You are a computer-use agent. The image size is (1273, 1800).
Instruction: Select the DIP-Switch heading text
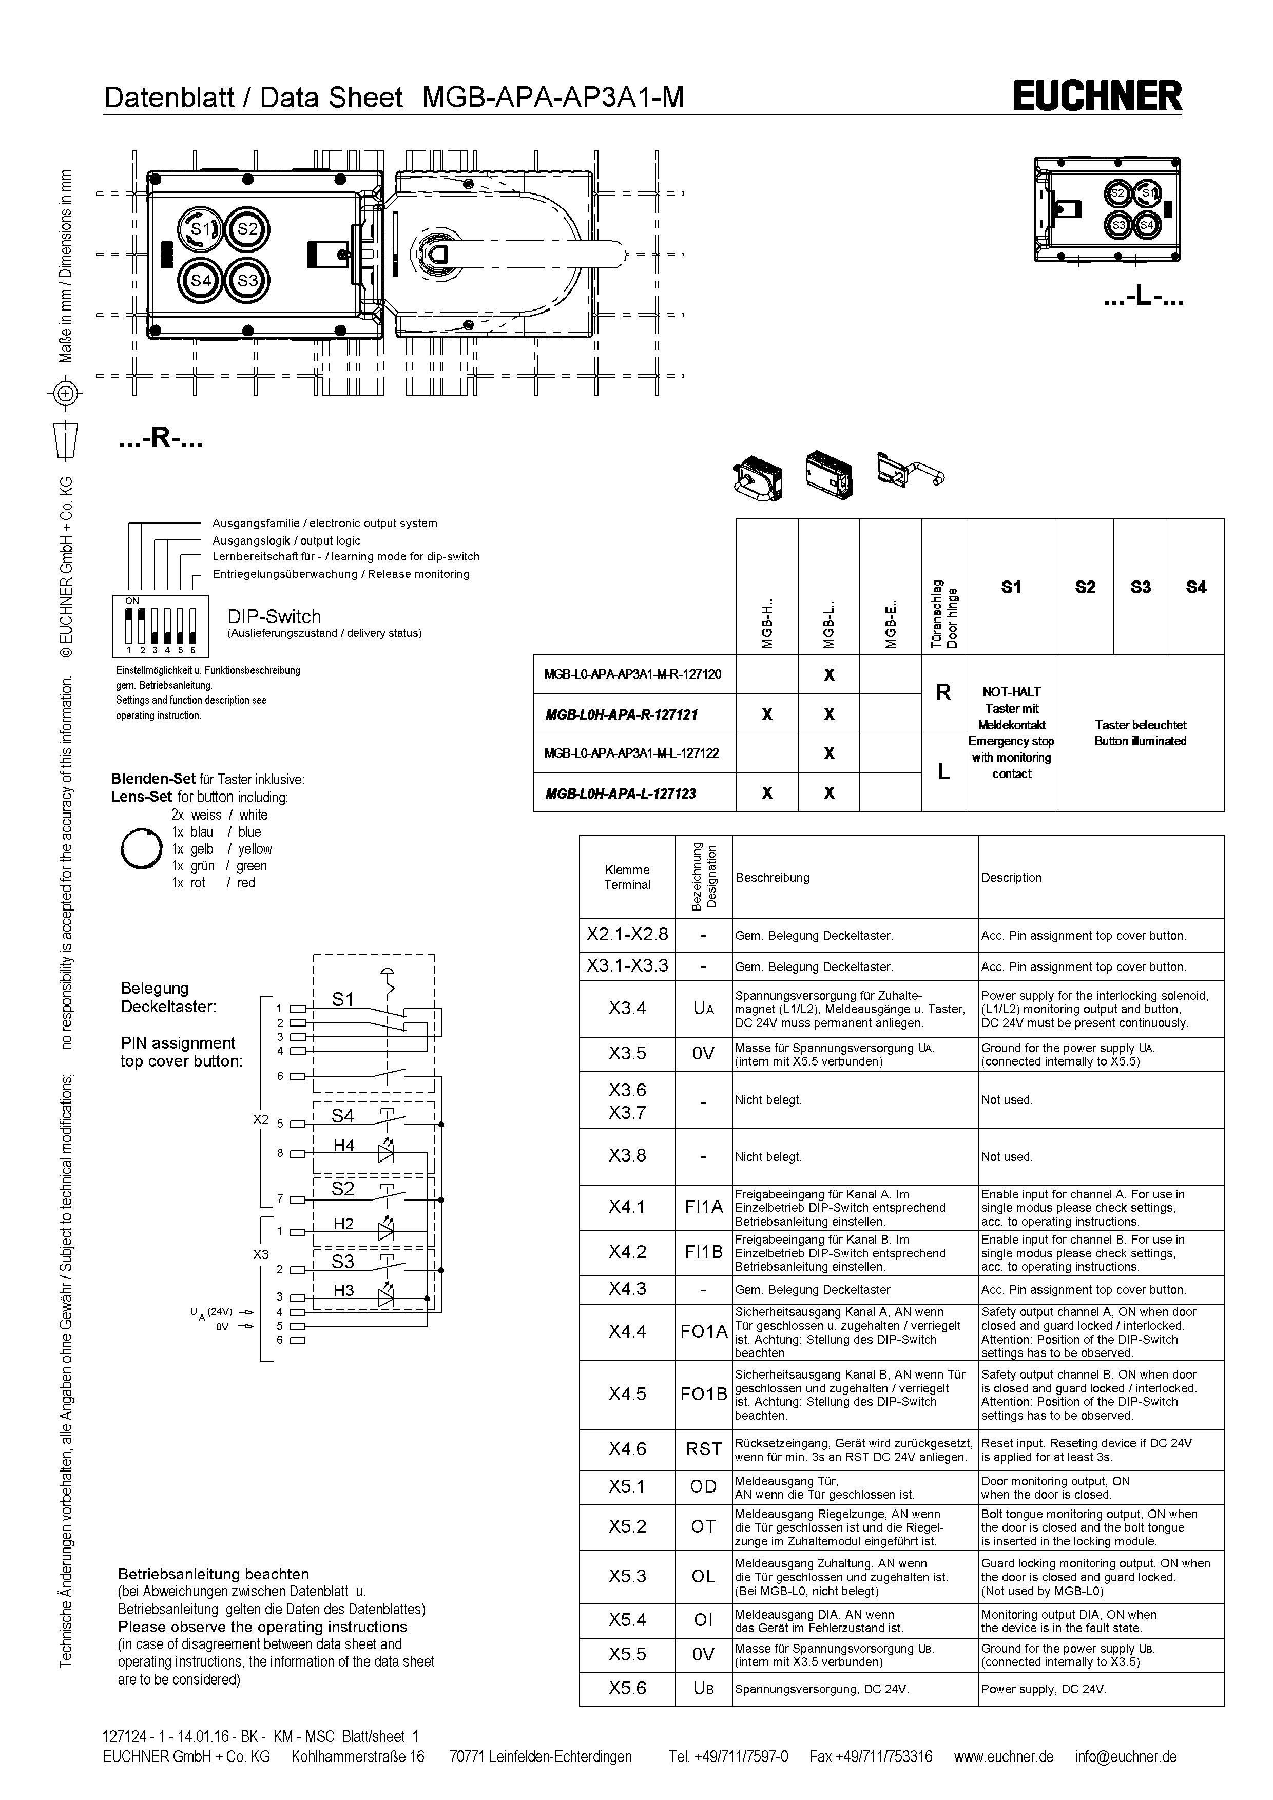[x=274, y=616]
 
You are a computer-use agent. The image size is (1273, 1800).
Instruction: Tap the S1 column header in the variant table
[x=1011, y=587]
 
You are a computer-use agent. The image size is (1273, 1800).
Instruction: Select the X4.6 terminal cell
[x=627, y=1449]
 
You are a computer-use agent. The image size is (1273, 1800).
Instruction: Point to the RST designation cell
[x=703, y=1449]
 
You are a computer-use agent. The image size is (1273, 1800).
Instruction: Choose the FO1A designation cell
[x=703, y=1331]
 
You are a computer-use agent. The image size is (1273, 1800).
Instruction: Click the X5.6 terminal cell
[x=627, y=1688]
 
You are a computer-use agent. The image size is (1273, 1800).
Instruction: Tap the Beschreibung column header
[x=772, y=877]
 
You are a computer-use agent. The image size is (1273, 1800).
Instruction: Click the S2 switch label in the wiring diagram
[x=342, y=1189]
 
